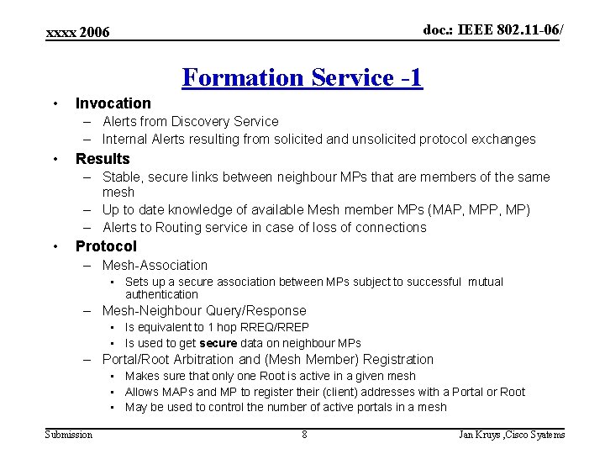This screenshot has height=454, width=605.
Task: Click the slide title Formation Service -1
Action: pyautogui.click(x=302, y=77)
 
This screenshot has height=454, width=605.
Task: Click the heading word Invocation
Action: pyautogui.click(x=113, y=103)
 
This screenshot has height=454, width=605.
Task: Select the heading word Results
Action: pyautogui.click(x=103, y=159)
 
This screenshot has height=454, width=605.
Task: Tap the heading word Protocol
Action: pyautogui.click(x=106, y=246)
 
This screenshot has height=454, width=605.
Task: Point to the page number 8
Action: pyautogui.click(x=304, y=435)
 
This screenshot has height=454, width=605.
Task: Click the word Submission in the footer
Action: pyautogui.click(x=69, y=435)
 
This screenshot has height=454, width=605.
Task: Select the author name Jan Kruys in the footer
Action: pyautogui.click(x=478, y=435)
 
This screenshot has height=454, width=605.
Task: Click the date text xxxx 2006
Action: pyautogui.click(x=78, y=32)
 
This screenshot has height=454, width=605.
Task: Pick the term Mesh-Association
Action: pyautogui.click(x=155, y=265)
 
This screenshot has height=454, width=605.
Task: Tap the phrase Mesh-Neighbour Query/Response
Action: pyautogui.click(x=204, y=311)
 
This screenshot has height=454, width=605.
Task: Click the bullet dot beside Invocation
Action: pyautogui.click(x=55, y=103)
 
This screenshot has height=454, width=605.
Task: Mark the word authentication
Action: pyautogui.click(x=161, y=294)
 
